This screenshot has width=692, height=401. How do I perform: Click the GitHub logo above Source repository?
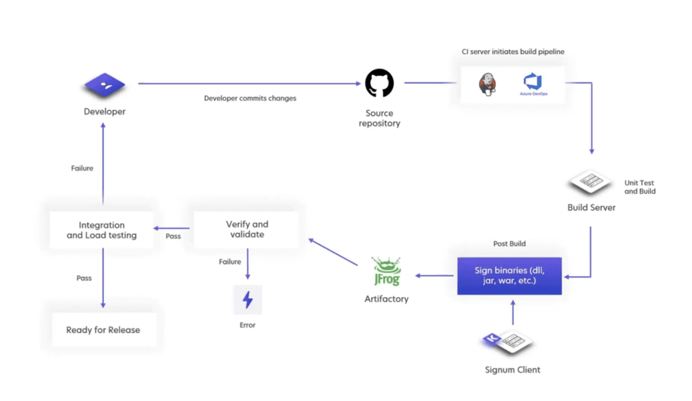[x=379, y=83]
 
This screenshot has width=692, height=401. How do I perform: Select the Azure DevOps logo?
[x=533, y=84]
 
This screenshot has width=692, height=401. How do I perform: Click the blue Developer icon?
[x=104, y=85]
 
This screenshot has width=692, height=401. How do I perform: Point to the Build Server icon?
[x=590, y=182]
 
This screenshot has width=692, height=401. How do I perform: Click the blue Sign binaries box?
[x=509, y=276]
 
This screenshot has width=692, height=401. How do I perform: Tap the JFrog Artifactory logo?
[x=386, y=272]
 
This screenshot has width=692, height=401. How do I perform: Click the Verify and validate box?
[x=247, y=229]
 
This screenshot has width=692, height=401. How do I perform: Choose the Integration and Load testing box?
[x=102, y=230]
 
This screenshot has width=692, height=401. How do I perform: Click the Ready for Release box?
[x=103, y=330]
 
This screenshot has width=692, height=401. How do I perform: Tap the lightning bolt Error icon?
[x=247, y=300]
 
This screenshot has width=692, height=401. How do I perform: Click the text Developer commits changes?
[x=250, y=98]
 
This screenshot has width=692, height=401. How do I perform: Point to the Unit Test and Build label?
[x=640, y=187]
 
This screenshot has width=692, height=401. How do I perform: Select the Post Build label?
[x=509, y=243]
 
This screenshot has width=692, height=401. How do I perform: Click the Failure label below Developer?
[x=82, y=168]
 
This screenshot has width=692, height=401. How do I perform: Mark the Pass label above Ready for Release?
[x=84, y=278]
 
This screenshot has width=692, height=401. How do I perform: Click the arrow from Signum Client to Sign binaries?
[x=513, y=312]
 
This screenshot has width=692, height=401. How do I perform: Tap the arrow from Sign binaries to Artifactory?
[x=435, y=276]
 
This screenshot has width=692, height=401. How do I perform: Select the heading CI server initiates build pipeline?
[x=513, y=52]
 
